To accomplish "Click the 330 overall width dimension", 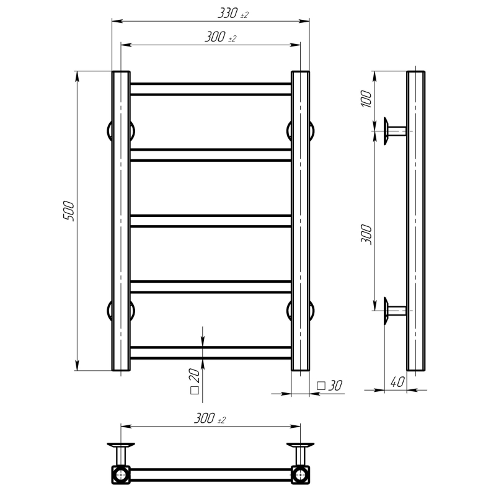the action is pos(233,13).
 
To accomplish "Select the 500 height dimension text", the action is pos(69,211).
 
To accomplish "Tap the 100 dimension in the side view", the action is pos(366,99).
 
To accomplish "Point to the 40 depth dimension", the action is pos(397,382).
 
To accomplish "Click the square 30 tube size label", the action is pos(329,386).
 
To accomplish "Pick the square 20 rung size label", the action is pos(195,381).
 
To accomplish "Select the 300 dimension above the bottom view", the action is pos(210,418).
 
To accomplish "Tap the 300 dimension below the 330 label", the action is pos(220,37).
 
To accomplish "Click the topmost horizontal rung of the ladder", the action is pos(211,89).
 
